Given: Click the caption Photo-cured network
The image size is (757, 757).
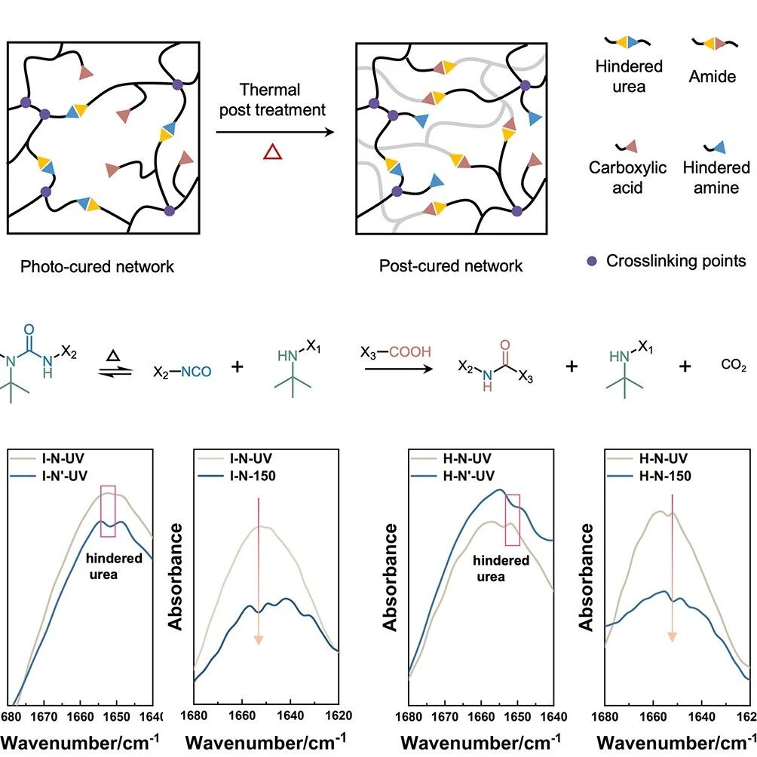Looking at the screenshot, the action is [x=97, y=266].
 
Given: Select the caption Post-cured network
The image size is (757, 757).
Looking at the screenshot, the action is [x=450, y=265].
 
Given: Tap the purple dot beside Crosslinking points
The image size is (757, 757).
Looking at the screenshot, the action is [x=592, y=261].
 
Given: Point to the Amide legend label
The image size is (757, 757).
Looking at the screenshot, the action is [x=712, y=76].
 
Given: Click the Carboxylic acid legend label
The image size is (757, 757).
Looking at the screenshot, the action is [x=627, y=177].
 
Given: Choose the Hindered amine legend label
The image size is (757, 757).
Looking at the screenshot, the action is [x=716, y=177].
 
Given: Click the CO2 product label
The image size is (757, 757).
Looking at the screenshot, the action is [x=734, y=364].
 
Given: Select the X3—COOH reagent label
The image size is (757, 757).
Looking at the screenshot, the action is [x=395, y=352].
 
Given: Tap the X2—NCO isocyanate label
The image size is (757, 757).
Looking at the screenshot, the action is [x=182, y=372].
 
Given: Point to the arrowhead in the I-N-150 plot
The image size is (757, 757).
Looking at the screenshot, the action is [x=259, y=640].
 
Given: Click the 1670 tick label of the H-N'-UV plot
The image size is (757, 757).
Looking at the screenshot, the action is [x=445, y=716].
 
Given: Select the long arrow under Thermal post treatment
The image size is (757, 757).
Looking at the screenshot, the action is [x=275, y=132].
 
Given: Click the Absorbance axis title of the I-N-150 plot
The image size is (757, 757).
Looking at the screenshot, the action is [x=175, y=577].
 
